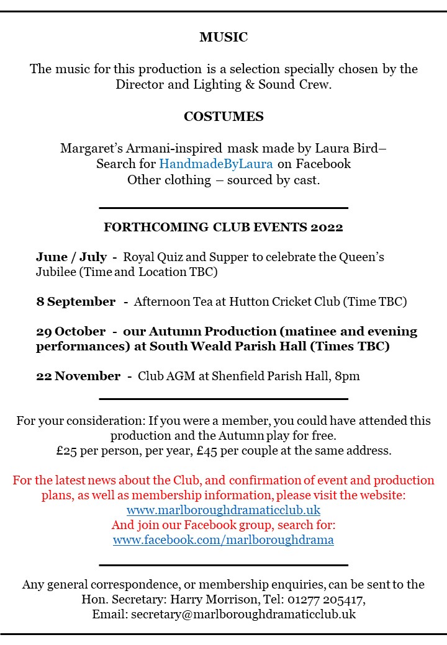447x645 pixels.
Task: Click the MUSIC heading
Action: [x=223, y=37]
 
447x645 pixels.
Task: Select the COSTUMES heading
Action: [x=223, y=117]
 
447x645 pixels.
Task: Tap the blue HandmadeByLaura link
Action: [x=216, y=164]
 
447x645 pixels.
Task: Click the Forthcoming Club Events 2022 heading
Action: [x=223, y=227]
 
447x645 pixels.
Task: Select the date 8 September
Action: [x=76, y=302]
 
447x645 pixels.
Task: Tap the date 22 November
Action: [x=78, y=376]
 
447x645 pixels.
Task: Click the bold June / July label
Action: [x=70, y=257]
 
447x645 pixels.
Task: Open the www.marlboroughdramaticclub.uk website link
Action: [x=223, y=510]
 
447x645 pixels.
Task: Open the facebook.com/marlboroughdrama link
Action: [x=223, y=540]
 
